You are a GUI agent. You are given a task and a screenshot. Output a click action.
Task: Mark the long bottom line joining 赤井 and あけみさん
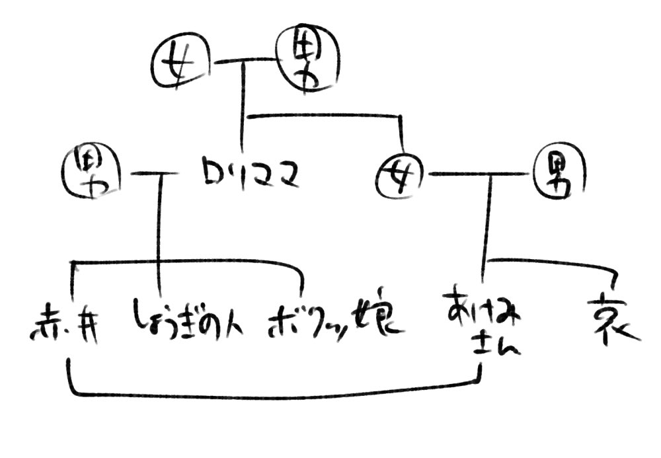click(x=264, y=395)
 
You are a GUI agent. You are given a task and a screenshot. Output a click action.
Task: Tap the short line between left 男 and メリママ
click(x=155, y=174)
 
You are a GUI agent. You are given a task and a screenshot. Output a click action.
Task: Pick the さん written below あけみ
click(x=497, y=346)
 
